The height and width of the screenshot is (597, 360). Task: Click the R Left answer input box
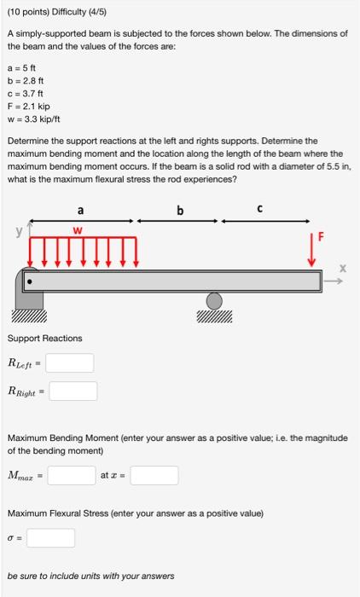tap(70, 362)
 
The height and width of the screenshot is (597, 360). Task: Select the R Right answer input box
tap(73, 391)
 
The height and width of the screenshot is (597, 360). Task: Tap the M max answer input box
tap(72, 475)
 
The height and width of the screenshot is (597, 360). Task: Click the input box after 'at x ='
tap(154, 475)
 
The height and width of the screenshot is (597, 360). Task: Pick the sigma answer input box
tap(50, 538)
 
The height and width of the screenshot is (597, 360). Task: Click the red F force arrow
tap(312, 251)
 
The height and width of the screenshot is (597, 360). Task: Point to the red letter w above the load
tap(78, 231)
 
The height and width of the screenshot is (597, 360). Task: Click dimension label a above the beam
tap(80, 210)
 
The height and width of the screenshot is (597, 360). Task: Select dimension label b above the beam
tap(180, 210)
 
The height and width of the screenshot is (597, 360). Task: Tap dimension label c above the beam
tap(260, 209)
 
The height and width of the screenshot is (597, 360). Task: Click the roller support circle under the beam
tap(214, 301)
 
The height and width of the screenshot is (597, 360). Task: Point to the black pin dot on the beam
tap(30, 282)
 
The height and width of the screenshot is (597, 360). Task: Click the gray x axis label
tap(343, 269)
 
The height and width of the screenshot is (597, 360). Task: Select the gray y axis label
tap(19, 231)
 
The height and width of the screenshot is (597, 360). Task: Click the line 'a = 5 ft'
tap(21, 68)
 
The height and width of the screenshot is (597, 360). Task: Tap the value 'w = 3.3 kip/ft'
tap(33, 119)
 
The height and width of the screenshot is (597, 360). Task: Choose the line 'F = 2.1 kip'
tap(28, 107)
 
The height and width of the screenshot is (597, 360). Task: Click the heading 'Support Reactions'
tap(45, 338)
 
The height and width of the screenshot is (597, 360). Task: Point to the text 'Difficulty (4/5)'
tap(79, 12)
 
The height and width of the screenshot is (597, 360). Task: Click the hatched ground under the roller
tap(214, 316)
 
